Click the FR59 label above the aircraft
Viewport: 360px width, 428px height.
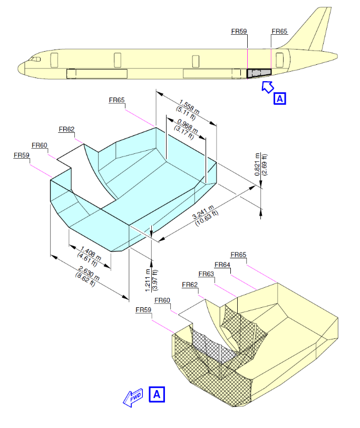coord(239,31)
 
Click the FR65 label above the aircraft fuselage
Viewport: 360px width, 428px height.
coord(279,31)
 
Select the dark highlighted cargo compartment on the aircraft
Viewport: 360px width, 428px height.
coord(259,73)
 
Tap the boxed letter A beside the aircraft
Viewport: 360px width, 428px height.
coord(280,98)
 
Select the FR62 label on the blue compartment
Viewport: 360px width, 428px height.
coord(66,129)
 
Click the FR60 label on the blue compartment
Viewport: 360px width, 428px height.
coord(39,145)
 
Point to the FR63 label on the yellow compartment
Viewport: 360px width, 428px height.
coord(206,274)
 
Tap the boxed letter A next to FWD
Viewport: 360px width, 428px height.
coord(156,393)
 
